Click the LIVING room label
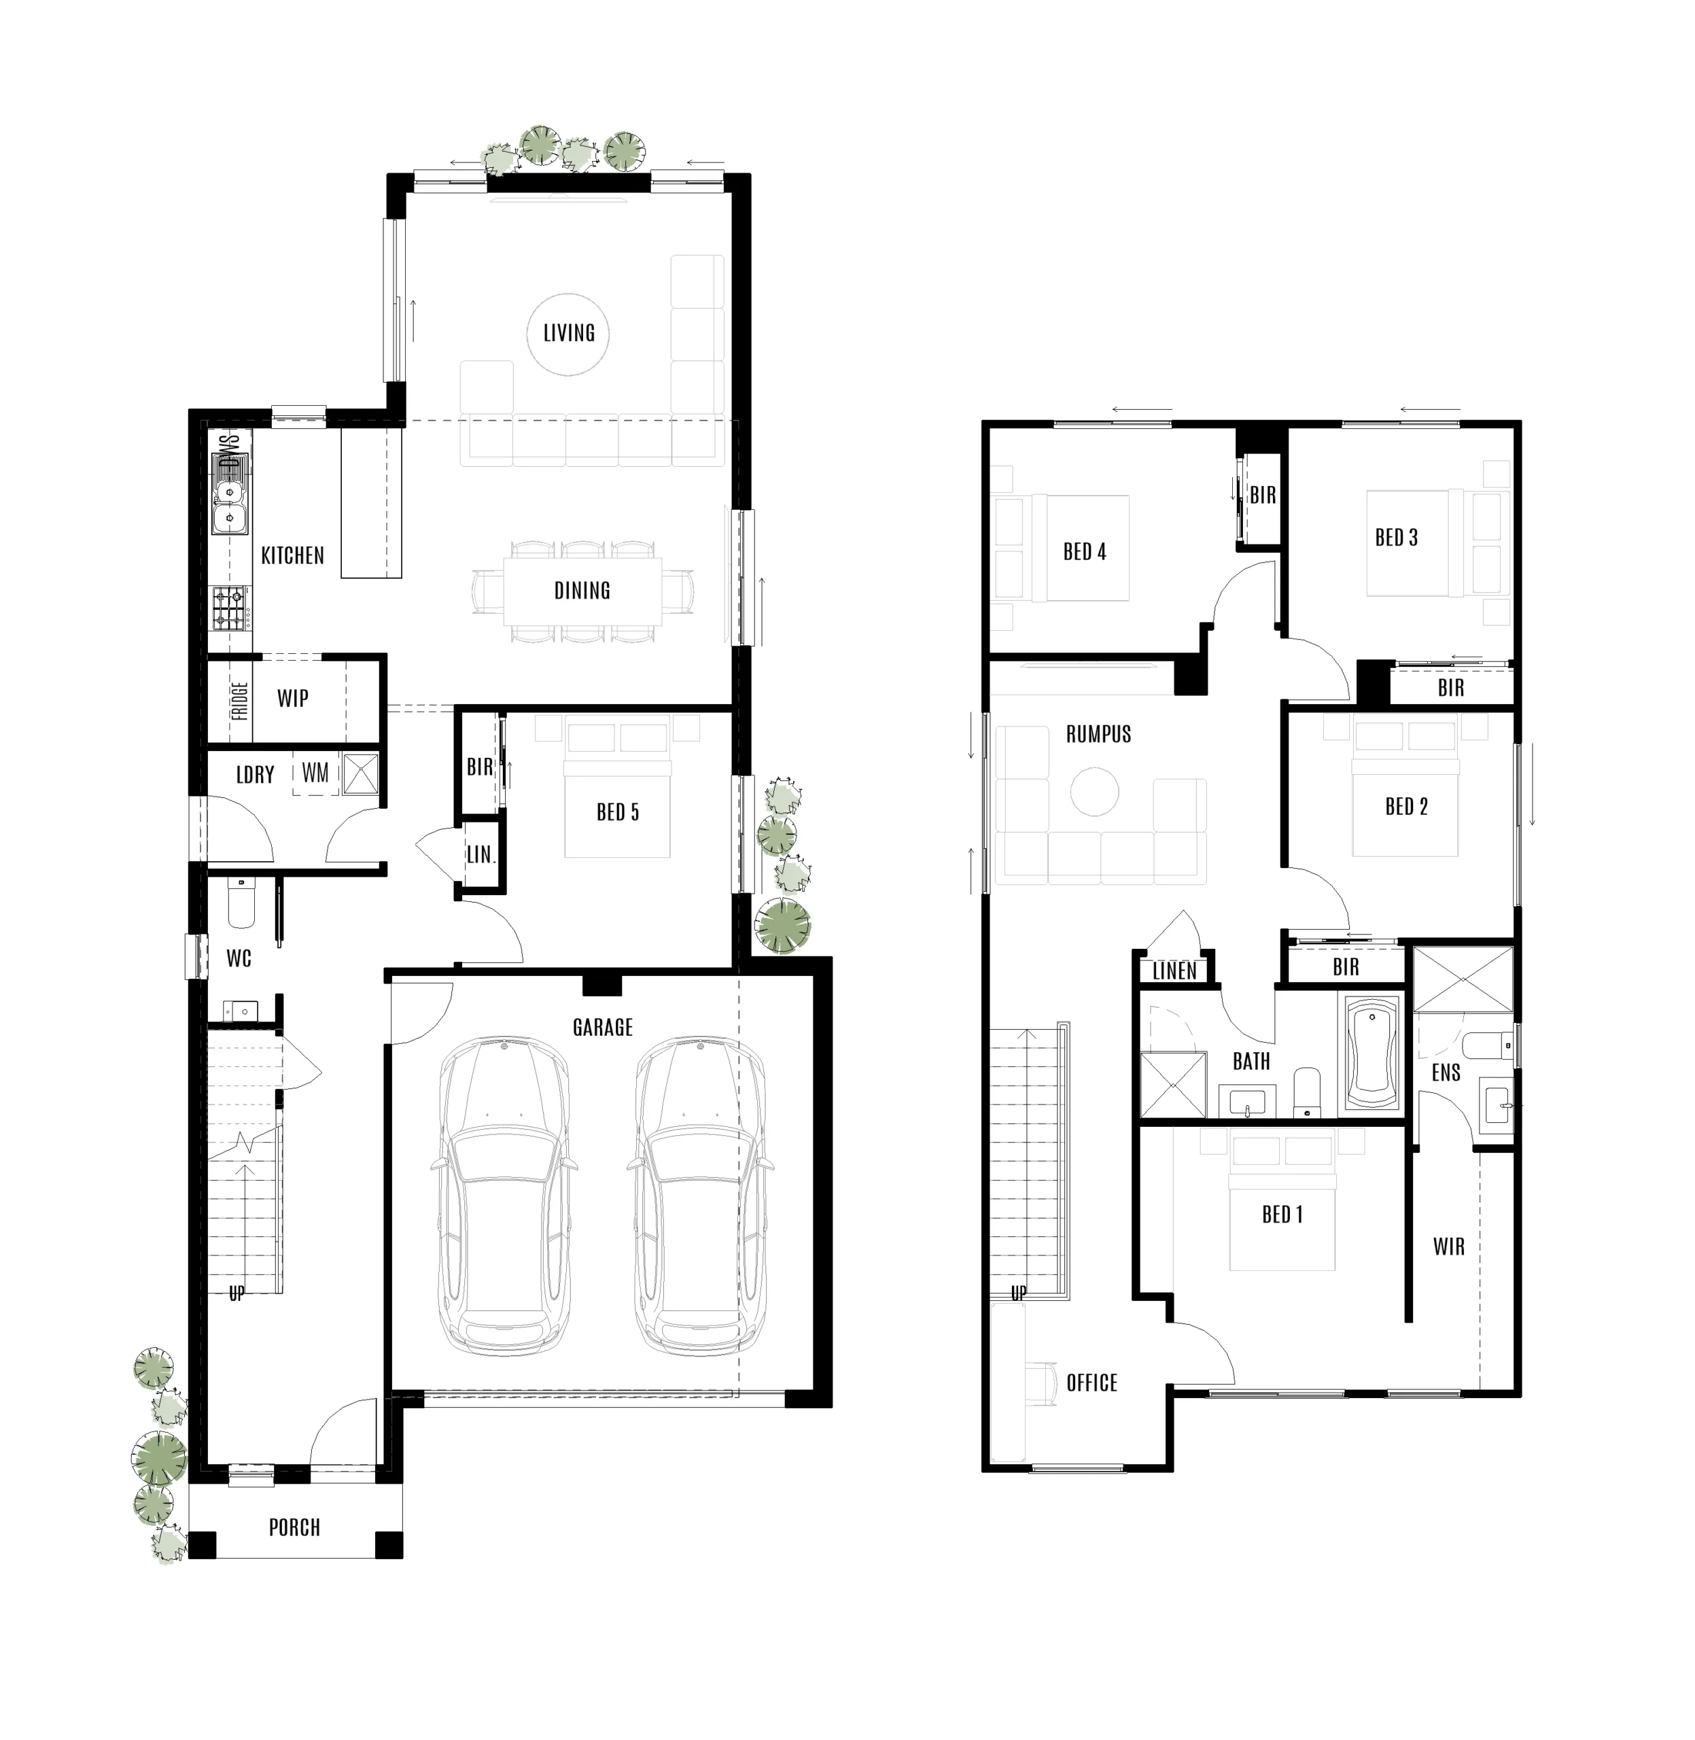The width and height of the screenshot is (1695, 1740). point(569,333)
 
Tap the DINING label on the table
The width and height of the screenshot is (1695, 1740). point(582,591)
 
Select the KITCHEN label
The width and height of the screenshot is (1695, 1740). point(292,556)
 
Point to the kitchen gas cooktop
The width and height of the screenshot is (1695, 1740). point(230,608)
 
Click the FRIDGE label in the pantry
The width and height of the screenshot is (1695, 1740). point(239,701)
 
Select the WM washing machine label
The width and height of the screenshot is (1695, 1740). point(315,772)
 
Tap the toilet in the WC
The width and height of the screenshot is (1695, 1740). point(241,903)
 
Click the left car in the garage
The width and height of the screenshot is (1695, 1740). point(504,1196)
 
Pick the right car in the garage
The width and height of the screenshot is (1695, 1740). point(700,1196)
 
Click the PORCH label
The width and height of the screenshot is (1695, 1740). point(295,1527)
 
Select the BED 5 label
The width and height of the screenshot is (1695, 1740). point(618,812)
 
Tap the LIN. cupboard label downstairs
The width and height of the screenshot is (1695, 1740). point(480,855)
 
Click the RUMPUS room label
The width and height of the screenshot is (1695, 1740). point(1098,734)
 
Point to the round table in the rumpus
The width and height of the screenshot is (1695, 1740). point(1094,792)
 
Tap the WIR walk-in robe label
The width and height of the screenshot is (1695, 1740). point(1448,1246)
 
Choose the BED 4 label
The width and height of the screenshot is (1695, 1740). point(1084,551)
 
